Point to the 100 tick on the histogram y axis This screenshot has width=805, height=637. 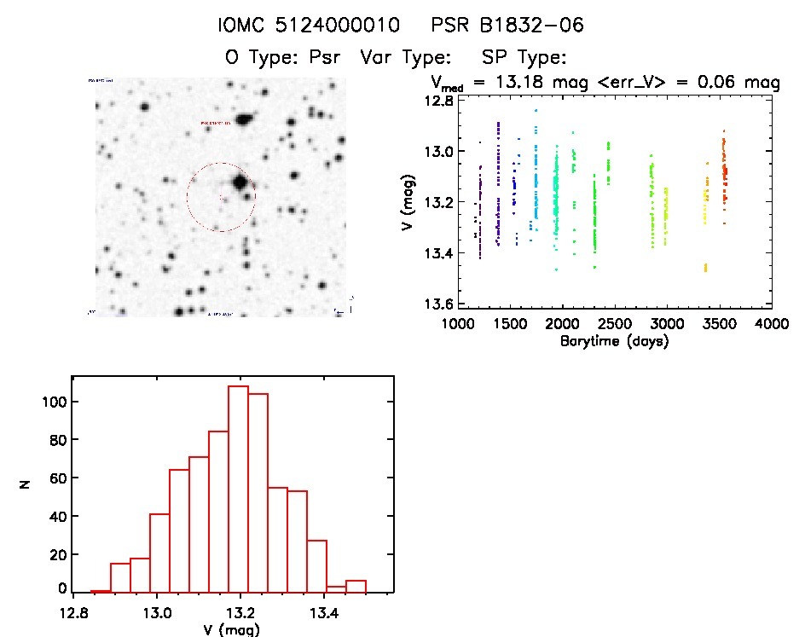56,402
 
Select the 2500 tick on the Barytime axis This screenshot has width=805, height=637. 614,324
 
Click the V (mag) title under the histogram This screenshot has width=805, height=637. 226,630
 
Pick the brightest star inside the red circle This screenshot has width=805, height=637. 240,182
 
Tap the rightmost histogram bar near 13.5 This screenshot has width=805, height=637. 356,587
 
